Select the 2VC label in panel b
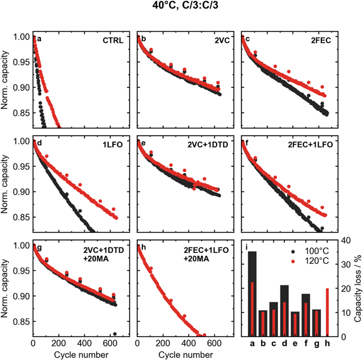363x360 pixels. (x=219, y=41)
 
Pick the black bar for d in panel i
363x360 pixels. (x=284, y=296)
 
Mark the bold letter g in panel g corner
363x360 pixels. (x=39, y=249)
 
